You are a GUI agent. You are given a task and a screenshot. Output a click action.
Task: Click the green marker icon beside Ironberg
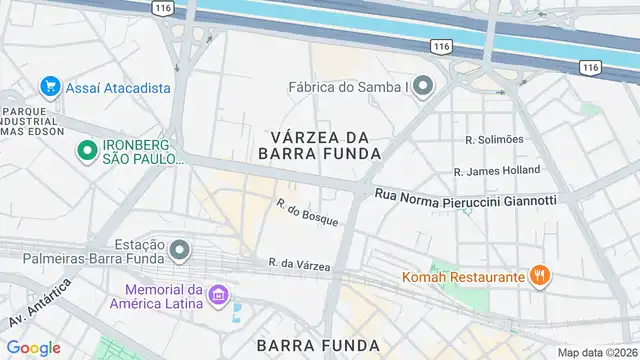(x=87, y=151)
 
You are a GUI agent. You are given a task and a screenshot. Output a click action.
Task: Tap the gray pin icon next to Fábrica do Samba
(x=424, y=87)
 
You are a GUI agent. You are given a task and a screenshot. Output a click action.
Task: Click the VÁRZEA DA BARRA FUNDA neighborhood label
(x=319, y=145)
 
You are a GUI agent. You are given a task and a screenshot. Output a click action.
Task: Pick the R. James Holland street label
(x=497, y=171)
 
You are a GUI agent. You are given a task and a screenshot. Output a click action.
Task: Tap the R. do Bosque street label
(x=308, y=212)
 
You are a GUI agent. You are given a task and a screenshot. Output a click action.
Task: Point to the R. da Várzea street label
(x=300, y=264)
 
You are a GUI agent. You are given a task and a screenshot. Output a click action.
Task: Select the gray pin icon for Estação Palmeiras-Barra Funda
(x=180, y=249)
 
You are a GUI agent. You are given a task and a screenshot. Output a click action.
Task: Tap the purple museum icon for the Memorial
(x=219, y=297)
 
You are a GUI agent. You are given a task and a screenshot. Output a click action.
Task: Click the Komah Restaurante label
(x=464, y=277)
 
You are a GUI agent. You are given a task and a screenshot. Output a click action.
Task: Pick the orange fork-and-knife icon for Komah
(x=540, y=277)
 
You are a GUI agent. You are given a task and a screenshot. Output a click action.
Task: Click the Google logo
(x=34, y=347)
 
